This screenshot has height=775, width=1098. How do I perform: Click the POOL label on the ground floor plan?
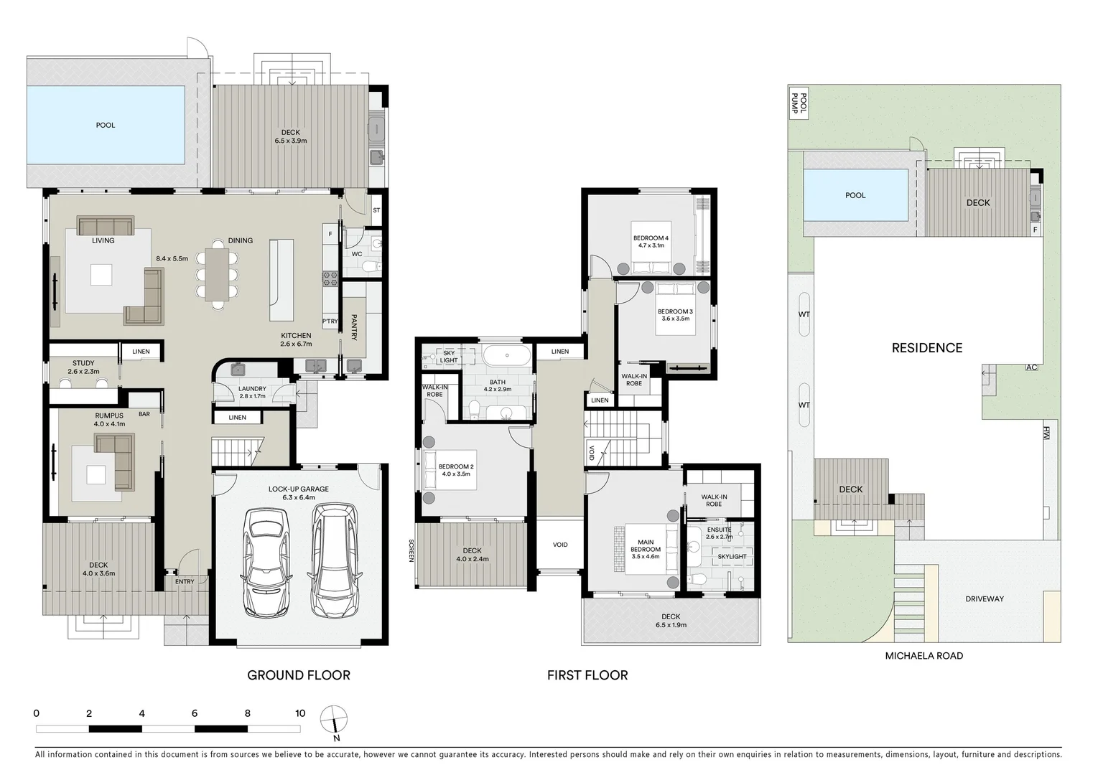click(x=106, y=126)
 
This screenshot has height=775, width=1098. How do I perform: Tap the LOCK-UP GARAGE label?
click(x=299, y=489)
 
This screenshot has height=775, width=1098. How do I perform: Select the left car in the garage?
click(x=267, y=563)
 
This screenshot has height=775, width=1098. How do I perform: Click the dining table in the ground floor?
click(x=218, y=273)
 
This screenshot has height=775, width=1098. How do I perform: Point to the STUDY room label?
click(x=83, y=364)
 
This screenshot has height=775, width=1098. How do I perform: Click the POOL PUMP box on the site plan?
click(x=799, y=105)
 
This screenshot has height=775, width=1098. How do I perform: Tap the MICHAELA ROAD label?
click(x=923, y=656)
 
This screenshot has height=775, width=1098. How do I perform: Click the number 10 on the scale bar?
click(x=300, y=713)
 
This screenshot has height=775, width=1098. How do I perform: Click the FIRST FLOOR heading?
click(x=587, y=675)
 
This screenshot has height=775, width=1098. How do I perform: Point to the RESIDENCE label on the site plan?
click(x=926, y=348)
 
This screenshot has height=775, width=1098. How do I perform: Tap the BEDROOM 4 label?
click(x=651, y=238)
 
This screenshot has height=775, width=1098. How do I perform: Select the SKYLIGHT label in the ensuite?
click(x=732, y=557)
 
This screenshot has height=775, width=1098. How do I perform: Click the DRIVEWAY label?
click(x=985, y=599)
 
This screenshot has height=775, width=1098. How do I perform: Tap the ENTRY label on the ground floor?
click(x=185, y=582)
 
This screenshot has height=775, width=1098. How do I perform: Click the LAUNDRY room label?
click(x=252, y=389)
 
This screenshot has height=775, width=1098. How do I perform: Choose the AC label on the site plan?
click(x=1031, y=367)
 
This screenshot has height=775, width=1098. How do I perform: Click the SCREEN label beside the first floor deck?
click(x=412, y=551)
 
